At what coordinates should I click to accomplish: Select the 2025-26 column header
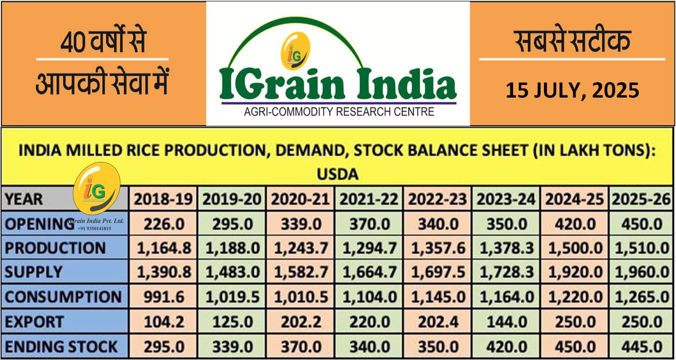[x=640, y=199]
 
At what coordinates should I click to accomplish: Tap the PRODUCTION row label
[x=55, y=248]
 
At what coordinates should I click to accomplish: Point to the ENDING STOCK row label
[x=61, y=347]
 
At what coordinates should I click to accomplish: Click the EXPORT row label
[x=35, y=322]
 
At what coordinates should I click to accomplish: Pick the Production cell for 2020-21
[x=301, y=248]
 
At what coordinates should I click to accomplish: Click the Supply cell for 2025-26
[x=640, y=273]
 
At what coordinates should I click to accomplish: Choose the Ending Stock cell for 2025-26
[x=640, y=347]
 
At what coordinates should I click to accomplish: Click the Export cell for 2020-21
[x=301, y=322]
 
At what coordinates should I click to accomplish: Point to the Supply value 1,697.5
[x=437, y=273]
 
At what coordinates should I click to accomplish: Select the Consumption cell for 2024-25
[x=573, y=297]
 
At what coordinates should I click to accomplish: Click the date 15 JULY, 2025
[x=572, y=90]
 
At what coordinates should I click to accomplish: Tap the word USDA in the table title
[x=337, y=173]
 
